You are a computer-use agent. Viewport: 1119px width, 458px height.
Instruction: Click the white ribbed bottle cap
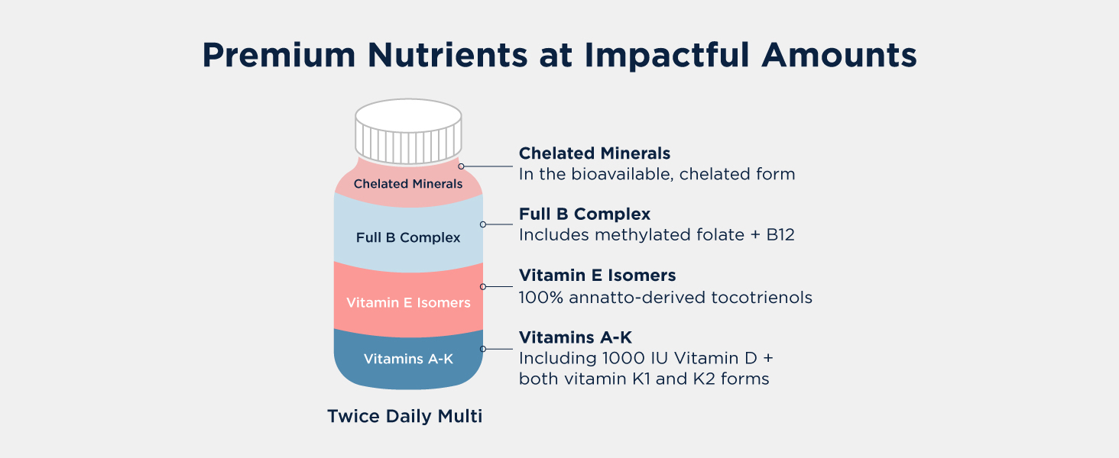click(x=408, y=134)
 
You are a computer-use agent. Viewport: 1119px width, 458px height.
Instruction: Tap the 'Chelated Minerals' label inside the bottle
click(x=408, y=184)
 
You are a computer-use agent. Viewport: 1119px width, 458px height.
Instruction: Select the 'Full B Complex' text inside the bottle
click(x=408, y=237)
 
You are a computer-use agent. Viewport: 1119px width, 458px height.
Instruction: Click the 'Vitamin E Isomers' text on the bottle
click(x=408, y=303)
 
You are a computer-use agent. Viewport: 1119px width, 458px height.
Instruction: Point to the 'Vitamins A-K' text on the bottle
click(x=408, y=359)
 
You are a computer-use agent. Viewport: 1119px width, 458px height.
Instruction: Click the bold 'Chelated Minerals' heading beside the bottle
click(x=595, y=153)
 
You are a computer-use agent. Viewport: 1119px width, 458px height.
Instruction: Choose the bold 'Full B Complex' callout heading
click(x=585, y=214)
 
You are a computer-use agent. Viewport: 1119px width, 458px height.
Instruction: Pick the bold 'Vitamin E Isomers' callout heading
click(x=597, y=275)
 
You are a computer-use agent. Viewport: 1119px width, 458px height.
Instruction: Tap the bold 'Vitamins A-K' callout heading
click(x=576, y=337)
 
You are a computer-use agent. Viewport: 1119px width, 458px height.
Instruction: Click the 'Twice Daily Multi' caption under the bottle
click(x=405, y=417)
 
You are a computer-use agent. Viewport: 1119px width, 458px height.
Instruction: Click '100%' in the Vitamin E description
click(x=537, y=297)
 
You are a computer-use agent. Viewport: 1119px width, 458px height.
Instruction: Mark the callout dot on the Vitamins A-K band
click(x=482, y=349)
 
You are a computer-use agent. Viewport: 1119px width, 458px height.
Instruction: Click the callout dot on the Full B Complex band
click(x=482, y=224)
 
